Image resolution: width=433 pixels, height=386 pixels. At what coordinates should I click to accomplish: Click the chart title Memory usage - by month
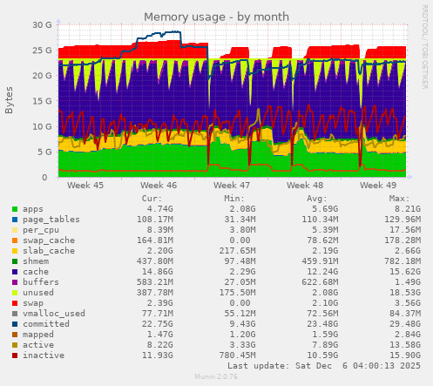(x=216, y=17)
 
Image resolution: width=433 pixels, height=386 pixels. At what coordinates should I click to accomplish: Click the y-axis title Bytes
(x=10, y=100)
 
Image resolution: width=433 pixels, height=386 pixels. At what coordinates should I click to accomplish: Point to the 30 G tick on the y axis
(x=41, y=25)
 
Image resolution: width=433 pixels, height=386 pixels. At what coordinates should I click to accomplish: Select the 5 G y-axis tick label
(x=44, y=152)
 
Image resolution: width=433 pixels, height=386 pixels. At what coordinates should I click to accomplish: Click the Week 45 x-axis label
(x=85, y=186)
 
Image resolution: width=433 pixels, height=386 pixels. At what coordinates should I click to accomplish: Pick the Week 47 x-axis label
(x=232, y=186)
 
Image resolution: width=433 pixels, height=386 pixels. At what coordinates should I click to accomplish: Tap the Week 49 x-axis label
(x=378, y=186)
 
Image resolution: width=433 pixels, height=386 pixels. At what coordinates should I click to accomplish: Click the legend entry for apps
(x=33, y=209)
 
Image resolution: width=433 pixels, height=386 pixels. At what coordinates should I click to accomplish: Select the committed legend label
(x=44, y=324)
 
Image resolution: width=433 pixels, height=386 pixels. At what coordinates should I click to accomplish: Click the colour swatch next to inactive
(x=14, y=356)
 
